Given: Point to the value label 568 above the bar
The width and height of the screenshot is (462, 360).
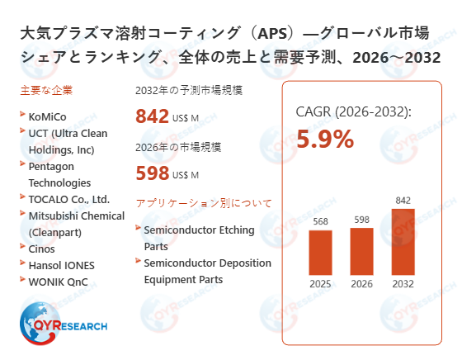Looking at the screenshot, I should click(320, 221).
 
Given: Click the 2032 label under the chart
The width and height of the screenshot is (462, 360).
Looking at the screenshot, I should click(403, 284).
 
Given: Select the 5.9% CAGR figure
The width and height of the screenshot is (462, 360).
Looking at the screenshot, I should click(325, 140).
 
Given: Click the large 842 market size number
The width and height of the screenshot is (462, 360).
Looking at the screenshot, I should click(153, 117).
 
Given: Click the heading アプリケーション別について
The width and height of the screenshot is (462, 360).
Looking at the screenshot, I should click(203, 202).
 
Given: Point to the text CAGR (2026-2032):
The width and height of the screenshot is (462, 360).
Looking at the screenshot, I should click(353, 112).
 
